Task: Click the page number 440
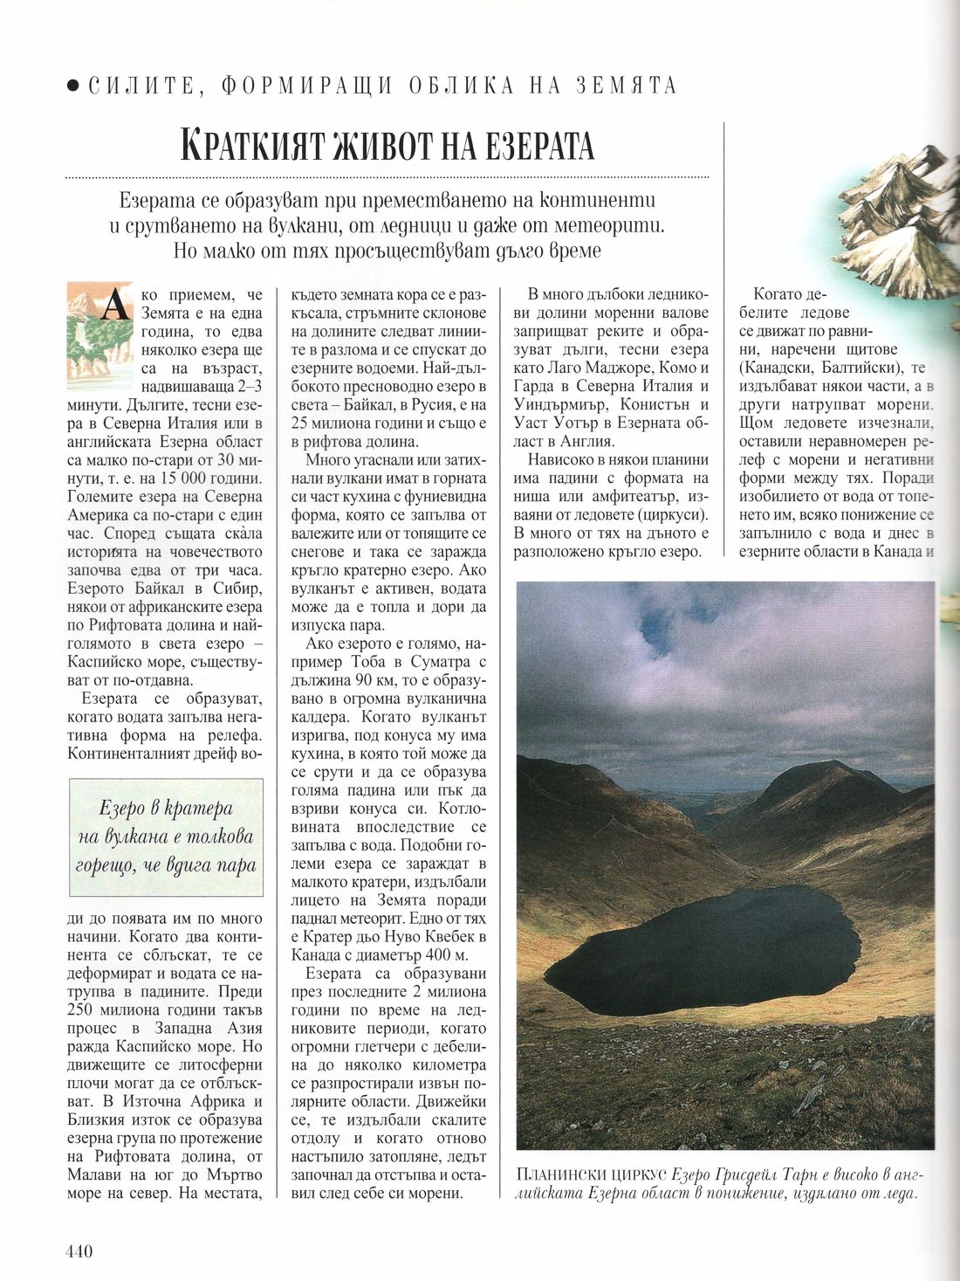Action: pyautogui.click(x=79, y=1250)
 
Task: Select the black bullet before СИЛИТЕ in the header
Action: pyautogui.click(x=73, y=86)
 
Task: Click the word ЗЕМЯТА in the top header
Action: pyautogui.click(x=627, y=86)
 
